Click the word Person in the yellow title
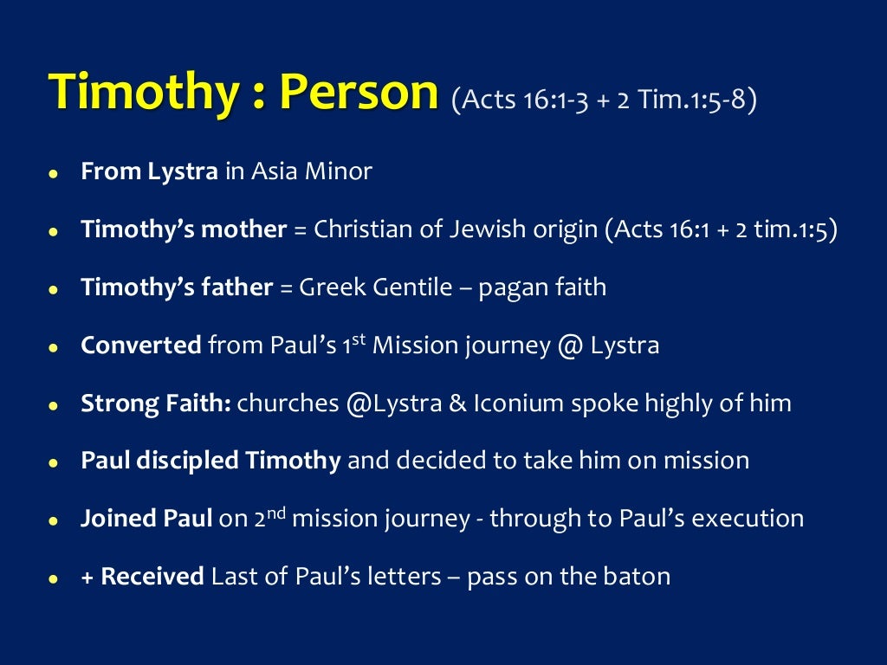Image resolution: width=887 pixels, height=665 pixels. point(359,93)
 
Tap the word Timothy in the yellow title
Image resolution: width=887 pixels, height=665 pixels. point(139,93)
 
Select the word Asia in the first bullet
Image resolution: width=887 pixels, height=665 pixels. point(275,171)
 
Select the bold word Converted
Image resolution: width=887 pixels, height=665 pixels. point(140,345)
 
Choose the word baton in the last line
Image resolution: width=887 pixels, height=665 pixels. point(638,576)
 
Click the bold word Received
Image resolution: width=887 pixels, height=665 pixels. point(152,576)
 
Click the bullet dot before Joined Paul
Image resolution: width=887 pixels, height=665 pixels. point(54,520)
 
